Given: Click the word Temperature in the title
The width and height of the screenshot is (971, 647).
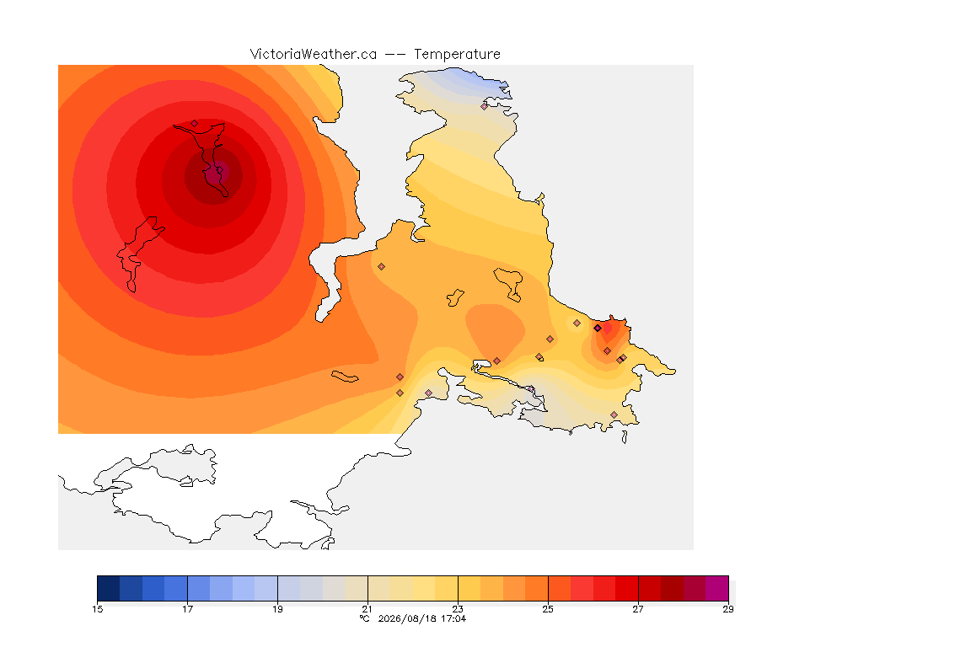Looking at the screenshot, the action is coord(457,55).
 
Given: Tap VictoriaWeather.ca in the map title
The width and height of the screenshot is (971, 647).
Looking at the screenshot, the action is coord(314,55).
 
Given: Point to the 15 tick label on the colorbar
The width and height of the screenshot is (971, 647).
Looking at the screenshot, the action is coord(97,609).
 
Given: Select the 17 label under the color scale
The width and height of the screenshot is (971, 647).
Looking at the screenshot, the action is coord(188,609).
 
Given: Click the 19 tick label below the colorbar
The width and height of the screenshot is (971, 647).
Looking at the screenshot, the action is coord(277,609).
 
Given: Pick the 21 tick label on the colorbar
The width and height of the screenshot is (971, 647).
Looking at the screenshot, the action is coord(367,609).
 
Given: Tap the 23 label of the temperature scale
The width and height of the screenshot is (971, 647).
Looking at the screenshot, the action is coord(458,609).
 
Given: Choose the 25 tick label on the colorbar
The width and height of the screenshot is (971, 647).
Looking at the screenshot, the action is coord(548,609).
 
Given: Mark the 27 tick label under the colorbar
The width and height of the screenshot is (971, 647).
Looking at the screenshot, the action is coord(638,609).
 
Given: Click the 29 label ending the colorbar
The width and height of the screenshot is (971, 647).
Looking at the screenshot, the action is coord(728,609).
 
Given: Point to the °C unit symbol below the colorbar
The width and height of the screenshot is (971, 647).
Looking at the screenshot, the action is coord(365,618).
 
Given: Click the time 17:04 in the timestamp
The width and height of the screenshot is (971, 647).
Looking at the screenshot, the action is coord(453,618).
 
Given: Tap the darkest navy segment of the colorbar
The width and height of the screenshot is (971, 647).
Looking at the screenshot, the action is coord(109,588).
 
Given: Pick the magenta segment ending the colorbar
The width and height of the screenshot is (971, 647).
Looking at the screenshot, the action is coord(717,588).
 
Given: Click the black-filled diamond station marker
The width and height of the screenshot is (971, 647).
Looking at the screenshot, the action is coord(598,329).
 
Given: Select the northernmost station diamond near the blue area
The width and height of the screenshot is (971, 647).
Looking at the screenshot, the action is coord(485,106).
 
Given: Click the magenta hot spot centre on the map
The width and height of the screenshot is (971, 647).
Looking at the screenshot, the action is coord(217,174).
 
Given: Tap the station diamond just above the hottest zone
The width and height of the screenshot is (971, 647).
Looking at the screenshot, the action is coord(195,124).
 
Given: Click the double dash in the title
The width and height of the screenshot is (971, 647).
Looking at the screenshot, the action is coord(395,55).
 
